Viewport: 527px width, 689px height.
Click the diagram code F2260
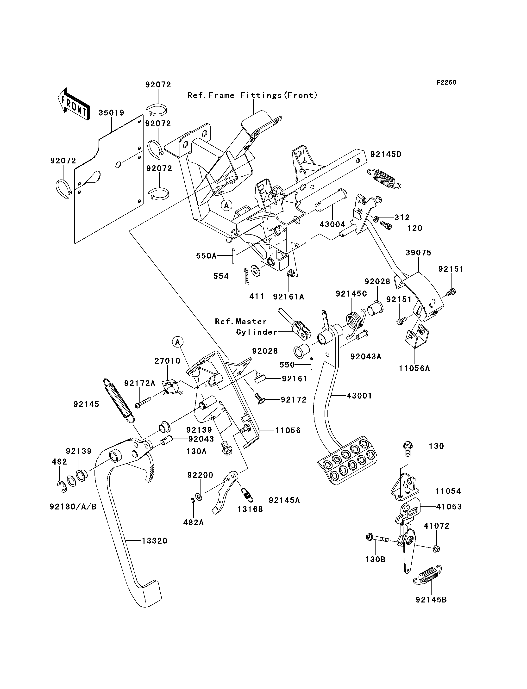coord(446,82)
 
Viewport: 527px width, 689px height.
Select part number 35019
coord(111,112)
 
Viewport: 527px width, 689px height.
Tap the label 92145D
coord(386,154)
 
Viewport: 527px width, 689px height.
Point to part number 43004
coord(332,224)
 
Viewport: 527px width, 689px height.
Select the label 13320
coord(155,541)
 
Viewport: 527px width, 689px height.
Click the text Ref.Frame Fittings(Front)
coord(252,95)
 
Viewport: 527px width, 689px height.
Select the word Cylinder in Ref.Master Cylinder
coord(257,332)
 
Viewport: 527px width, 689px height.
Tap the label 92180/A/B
coord(73,507)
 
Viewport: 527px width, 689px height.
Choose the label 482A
coord(194,522)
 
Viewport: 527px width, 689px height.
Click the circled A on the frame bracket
coord(226,205)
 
